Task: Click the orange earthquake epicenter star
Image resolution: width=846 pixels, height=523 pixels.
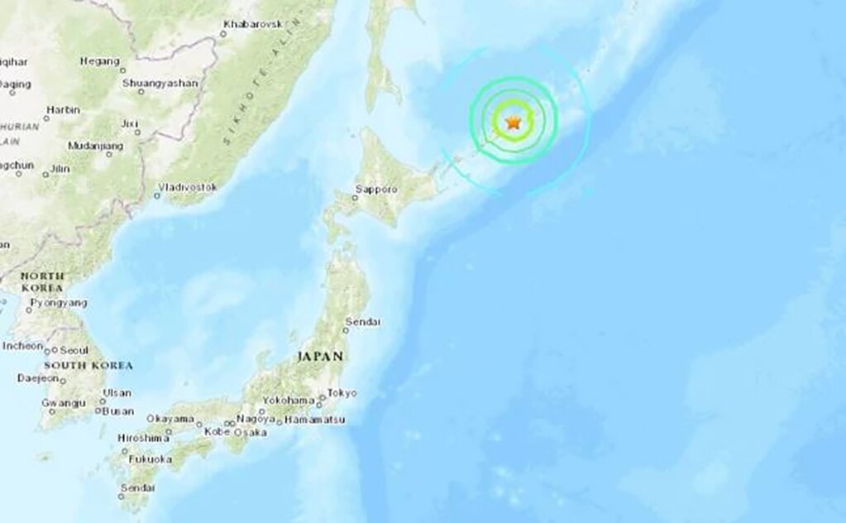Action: [513, 123]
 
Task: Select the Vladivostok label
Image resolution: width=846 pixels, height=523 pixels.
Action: [190, 188]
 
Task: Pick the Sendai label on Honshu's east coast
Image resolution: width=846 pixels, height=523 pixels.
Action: [363, 321]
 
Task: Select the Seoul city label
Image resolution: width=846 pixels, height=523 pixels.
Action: [74, 349]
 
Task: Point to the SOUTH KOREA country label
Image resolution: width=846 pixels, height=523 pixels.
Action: [88, 365]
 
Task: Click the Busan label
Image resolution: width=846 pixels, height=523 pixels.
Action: [119, 411]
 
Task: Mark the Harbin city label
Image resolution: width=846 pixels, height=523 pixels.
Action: [63, 109]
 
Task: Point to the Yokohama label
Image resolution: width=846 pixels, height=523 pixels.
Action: [289, 401]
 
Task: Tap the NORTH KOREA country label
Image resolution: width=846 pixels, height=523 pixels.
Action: [42, 281]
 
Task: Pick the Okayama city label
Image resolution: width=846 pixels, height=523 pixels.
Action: [171, 420]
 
